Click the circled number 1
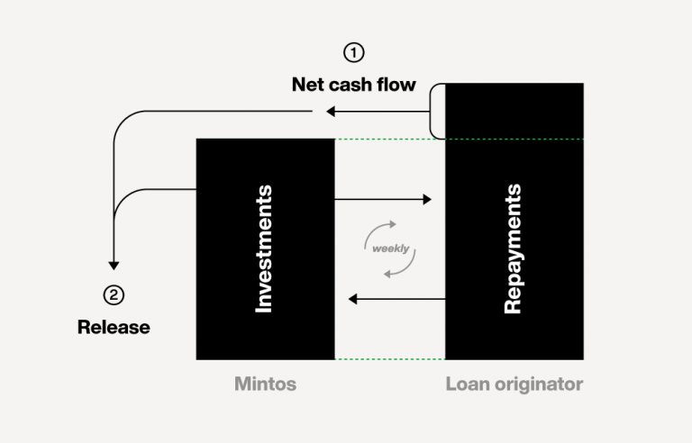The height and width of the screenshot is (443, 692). pos(354,52)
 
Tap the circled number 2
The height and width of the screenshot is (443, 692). pos(114,294)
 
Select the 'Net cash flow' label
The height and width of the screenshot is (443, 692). pos(353,85)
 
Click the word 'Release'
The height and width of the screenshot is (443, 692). pos(114,327)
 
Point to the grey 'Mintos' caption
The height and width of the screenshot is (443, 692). pos(265,384)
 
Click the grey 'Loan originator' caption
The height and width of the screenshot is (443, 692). pos(514,384)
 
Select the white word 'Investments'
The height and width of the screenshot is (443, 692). pos(264,249)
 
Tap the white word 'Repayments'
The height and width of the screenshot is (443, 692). pos(513,249)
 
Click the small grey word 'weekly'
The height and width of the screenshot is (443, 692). pos(390,248)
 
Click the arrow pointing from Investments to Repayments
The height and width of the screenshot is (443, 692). pos(383,199)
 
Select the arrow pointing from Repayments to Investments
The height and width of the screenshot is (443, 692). pos(396,298)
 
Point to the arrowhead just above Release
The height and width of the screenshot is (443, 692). pos(114,265)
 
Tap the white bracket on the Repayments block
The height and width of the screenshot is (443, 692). pos(437,111)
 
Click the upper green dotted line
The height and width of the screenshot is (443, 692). pos(389,139)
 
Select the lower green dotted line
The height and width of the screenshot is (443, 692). pos(389,359)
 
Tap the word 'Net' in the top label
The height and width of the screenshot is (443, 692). pos(307,85)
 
